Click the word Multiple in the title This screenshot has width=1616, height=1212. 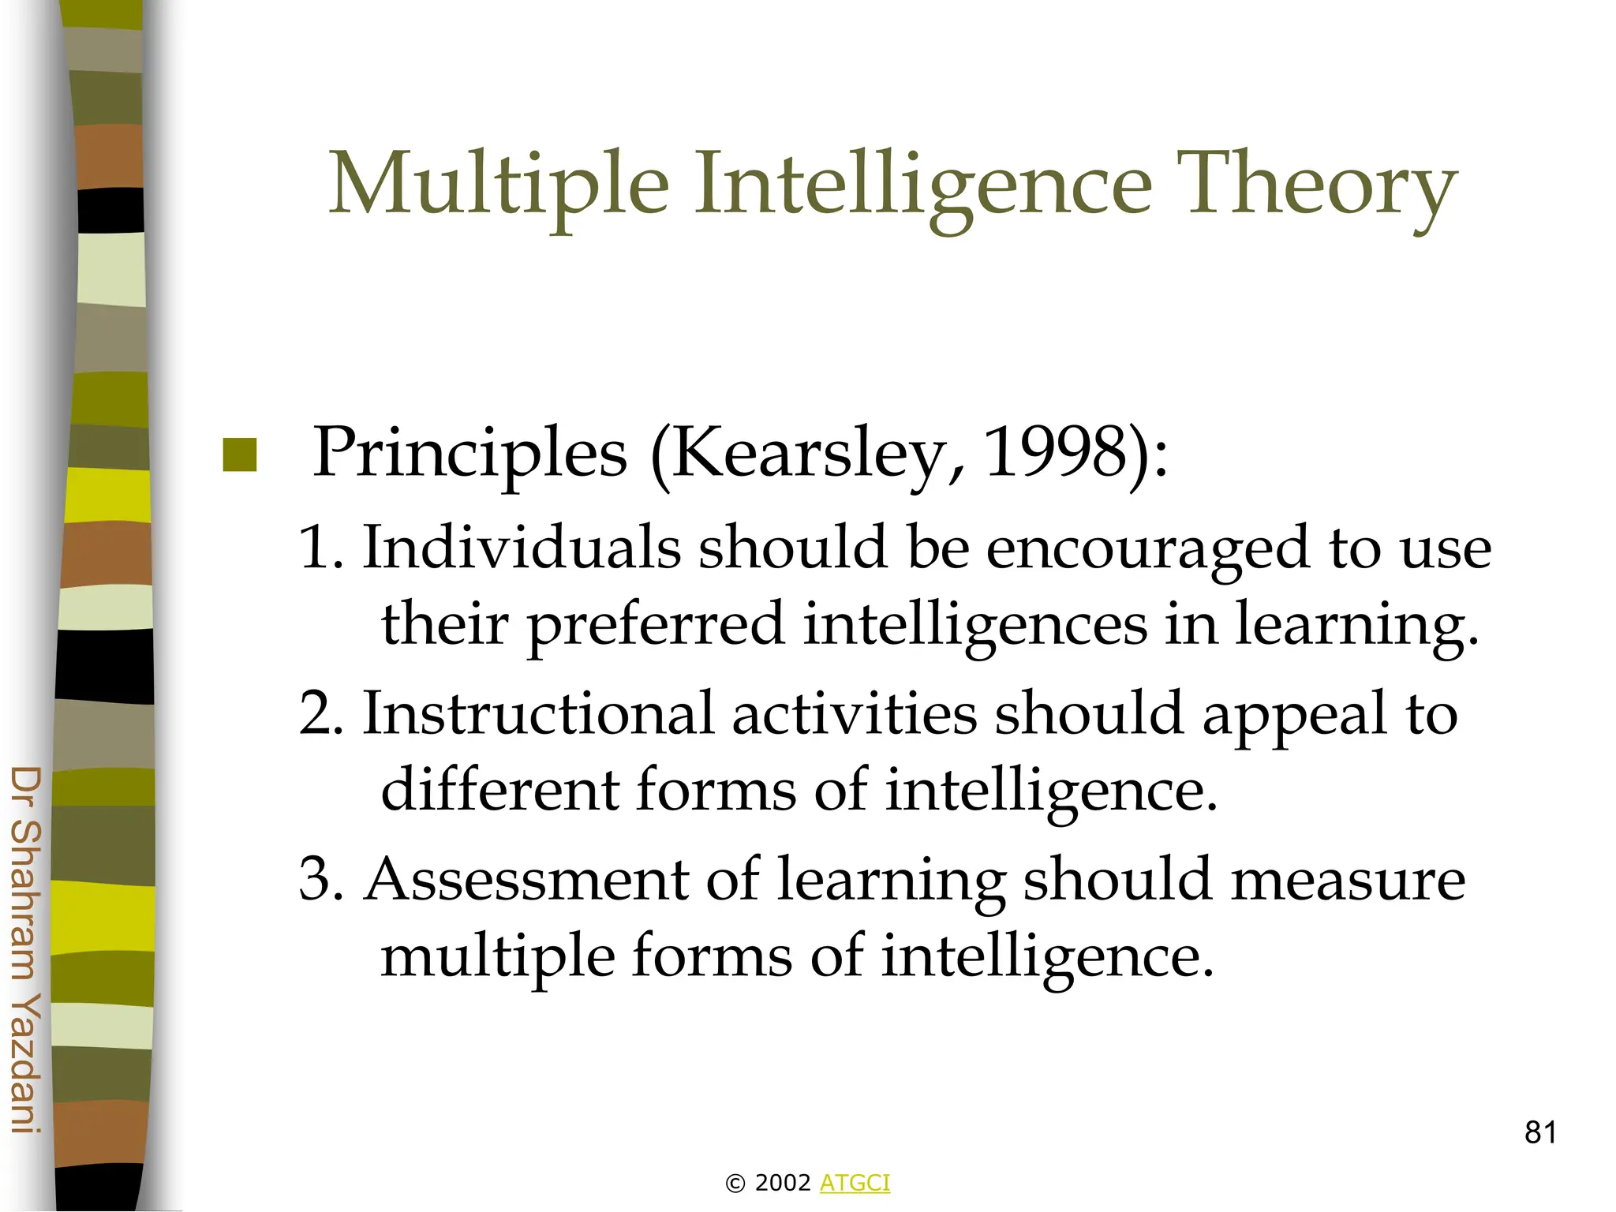[x=499, y=186]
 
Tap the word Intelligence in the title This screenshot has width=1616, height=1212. [x=923, y=186]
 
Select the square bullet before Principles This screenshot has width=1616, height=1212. [x=240, y=455]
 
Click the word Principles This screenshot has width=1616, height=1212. [x=470, y=455]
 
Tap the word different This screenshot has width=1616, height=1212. [x=500, y=789]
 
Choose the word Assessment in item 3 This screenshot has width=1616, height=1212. [x=527, y=880]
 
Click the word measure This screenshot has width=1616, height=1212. [x=1348, y=880]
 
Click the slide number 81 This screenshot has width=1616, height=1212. [x=1540, y=1132]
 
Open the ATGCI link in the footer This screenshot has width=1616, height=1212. [x=855, y=1183]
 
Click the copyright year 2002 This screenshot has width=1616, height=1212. [x=783, y=1183]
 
